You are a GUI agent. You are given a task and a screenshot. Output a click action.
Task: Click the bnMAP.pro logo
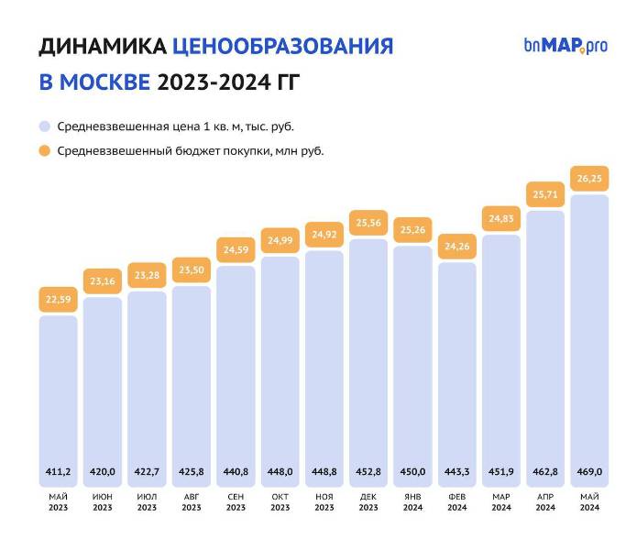566,45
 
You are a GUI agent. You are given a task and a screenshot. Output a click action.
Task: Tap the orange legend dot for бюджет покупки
44,150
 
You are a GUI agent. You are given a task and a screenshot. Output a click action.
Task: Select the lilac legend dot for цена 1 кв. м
44,126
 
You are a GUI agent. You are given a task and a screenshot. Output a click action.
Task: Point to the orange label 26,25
589,179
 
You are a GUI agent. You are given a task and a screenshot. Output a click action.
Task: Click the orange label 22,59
58,298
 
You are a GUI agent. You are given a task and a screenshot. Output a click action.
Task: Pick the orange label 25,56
368,223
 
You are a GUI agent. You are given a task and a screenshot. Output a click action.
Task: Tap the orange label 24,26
456,246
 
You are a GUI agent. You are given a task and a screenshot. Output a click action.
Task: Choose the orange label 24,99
280,240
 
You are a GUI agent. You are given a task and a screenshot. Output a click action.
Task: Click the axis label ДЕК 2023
368,501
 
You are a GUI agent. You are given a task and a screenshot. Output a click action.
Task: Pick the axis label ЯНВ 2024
412,501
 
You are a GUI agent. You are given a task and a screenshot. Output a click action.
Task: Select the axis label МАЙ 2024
589,501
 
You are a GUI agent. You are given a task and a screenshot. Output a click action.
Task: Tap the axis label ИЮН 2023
103,501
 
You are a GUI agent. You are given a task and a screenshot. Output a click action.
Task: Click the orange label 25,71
545,194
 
